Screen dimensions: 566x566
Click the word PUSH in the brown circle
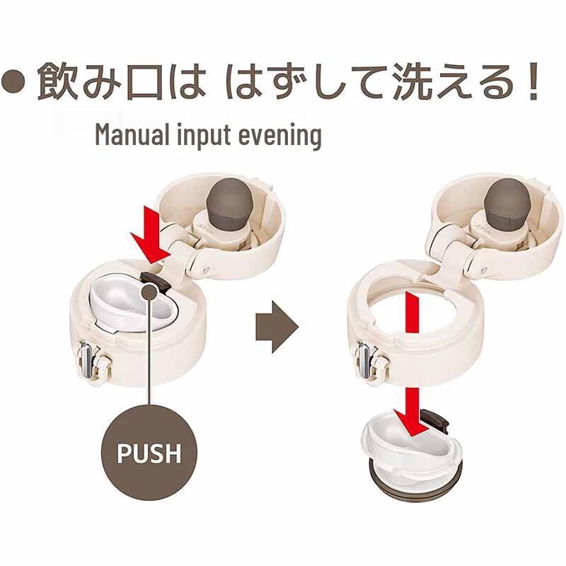pos(149,454)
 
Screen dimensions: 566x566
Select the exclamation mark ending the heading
pos(533,81)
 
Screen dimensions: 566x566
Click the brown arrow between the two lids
pos(277,327)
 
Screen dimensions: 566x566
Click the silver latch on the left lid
pos(86,361)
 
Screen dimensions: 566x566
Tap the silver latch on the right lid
pos(364,361)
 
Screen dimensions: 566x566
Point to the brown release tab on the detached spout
pos(435,420)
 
